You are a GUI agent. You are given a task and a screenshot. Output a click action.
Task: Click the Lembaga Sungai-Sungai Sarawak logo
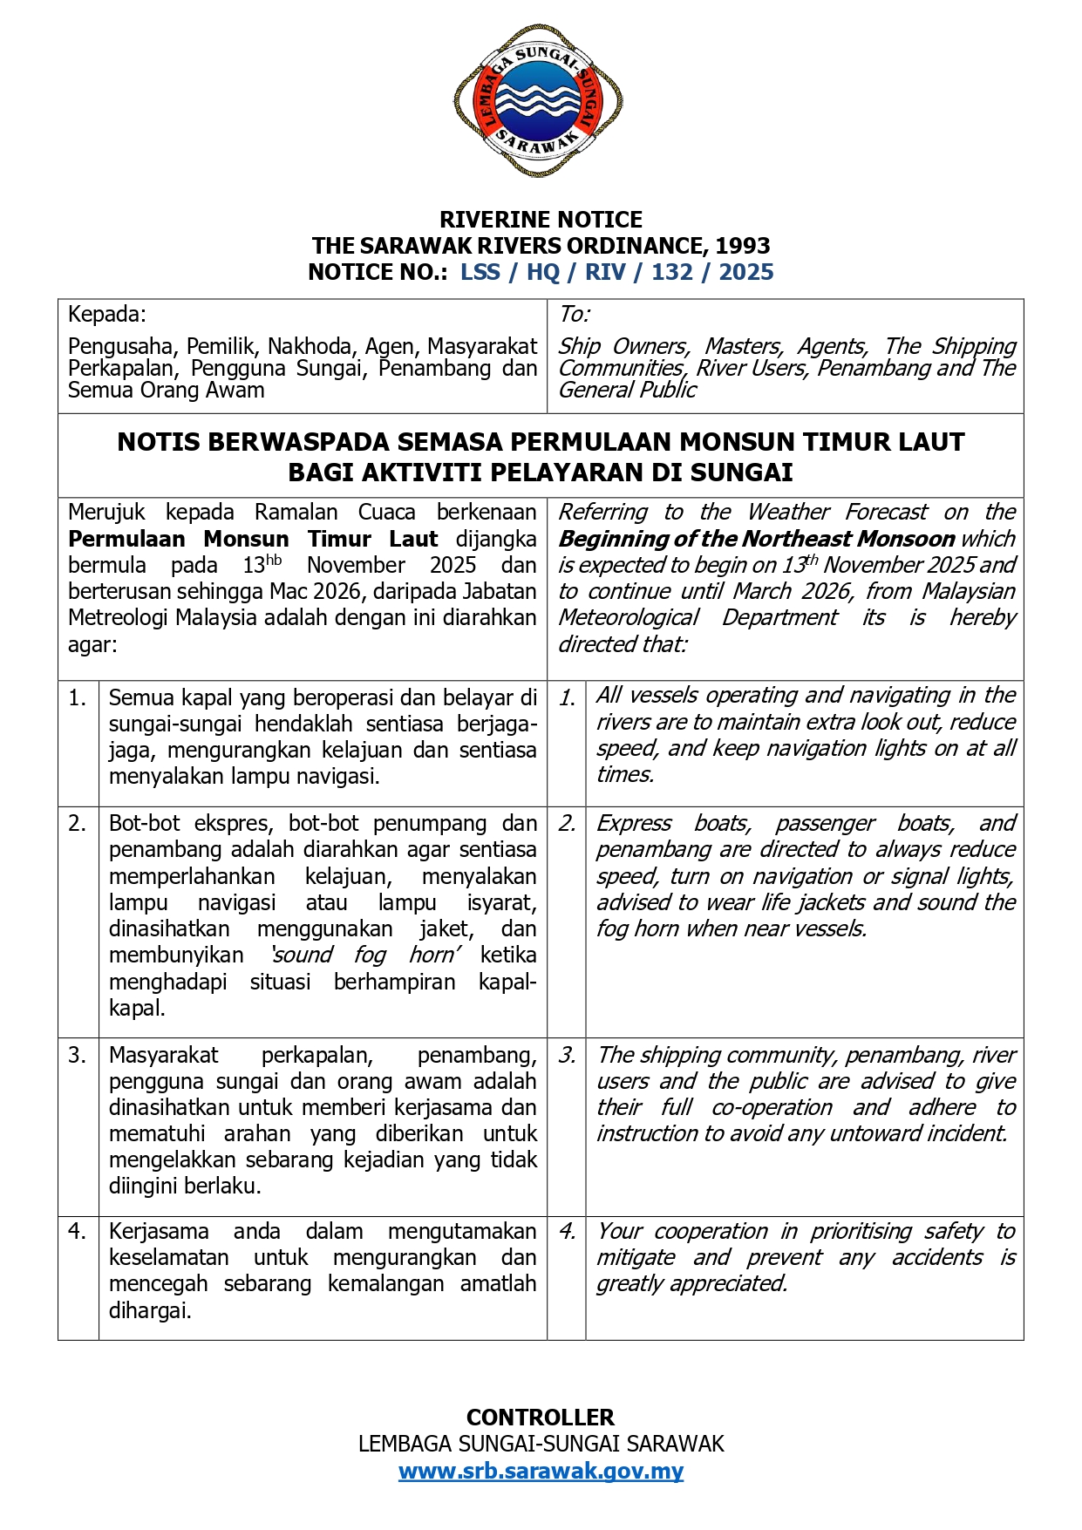538,100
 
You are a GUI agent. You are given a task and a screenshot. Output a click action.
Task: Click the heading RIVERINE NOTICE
541,220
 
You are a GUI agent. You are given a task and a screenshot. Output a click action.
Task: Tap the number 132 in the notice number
671,272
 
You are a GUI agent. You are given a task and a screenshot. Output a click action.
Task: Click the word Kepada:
107,314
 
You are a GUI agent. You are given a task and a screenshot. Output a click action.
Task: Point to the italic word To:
575,314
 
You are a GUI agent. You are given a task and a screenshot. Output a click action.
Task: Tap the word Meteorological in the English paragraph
629,618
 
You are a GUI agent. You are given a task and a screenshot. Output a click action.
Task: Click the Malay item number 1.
78,697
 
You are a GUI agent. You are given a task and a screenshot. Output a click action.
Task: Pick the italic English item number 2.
567,824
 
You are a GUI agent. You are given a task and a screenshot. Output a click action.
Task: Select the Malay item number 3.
78,1056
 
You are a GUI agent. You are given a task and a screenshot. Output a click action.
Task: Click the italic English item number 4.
567,1232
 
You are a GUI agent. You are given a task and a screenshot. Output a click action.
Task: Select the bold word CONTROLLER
541,1417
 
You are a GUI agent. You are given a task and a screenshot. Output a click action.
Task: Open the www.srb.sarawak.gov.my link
541,1471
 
